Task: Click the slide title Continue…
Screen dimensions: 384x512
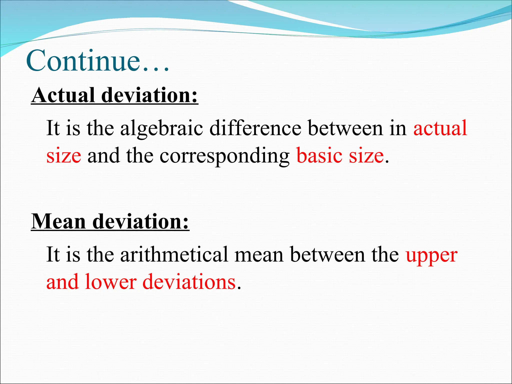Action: (97, 61)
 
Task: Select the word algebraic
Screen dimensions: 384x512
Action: (161, 128)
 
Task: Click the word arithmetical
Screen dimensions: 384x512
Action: (174, 254)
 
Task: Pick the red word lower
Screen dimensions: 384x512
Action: (110, 282)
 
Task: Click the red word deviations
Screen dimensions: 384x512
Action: (189, 282)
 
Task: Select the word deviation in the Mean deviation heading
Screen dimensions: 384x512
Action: (140, 221)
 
